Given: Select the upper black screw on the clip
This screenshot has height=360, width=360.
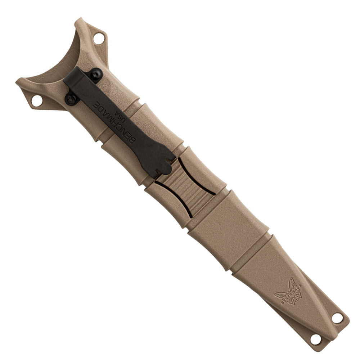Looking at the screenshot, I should coord(96,74).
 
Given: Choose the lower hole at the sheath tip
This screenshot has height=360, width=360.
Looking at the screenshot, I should coord(316,339).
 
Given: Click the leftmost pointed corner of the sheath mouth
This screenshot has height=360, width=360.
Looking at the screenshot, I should coord(17,81).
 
